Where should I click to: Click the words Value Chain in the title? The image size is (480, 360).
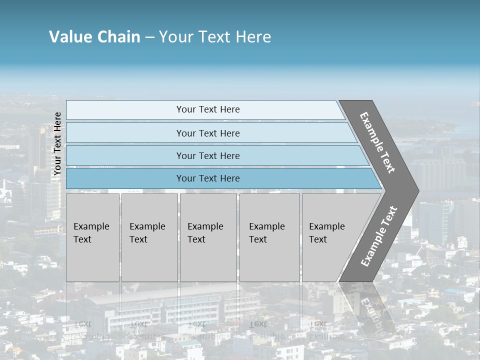94,37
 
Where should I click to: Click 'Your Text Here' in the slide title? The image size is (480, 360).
215,37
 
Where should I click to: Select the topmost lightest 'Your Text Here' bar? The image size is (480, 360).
208,109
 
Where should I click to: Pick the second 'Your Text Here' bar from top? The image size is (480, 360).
208,133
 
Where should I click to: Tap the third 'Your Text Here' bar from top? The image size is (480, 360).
208,156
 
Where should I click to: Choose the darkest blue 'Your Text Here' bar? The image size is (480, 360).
208,178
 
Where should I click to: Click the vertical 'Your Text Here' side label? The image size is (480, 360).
57,144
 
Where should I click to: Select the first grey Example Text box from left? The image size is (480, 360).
92,237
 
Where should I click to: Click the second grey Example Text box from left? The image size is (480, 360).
149,237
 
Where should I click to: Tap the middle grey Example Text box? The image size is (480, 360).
208,237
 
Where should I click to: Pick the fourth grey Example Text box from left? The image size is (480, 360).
269,237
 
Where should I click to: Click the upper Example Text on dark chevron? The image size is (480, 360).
377,142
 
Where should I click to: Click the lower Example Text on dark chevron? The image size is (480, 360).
379,236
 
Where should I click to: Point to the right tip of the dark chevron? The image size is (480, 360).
417,191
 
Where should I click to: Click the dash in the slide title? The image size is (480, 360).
149,37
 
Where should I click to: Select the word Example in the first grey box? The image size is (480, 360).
91,226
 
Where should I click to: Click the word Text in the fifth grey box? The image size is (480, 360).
317,239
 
